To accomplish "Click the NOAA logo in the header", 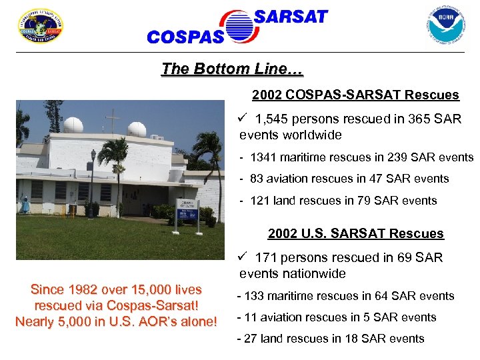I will (445, 25).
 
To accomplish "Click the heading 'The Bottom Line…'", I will (232, 69).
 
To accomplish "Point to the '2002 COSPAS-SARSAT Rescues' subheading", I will (355, 95).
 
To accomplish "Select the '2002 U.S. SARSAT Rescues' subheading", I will (355, 233).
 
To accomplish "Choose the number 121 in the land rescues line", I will (260, 200).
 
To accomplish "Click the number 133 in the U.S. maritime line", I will (255, 295).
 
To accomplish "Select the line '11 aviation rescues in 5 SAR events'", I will (337, 317).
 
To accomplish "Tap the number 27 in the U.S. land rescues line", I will (251, 339).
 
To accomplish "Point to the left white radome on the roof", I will (73, 125).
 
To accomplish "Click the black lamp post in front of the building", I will (93, 182).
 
